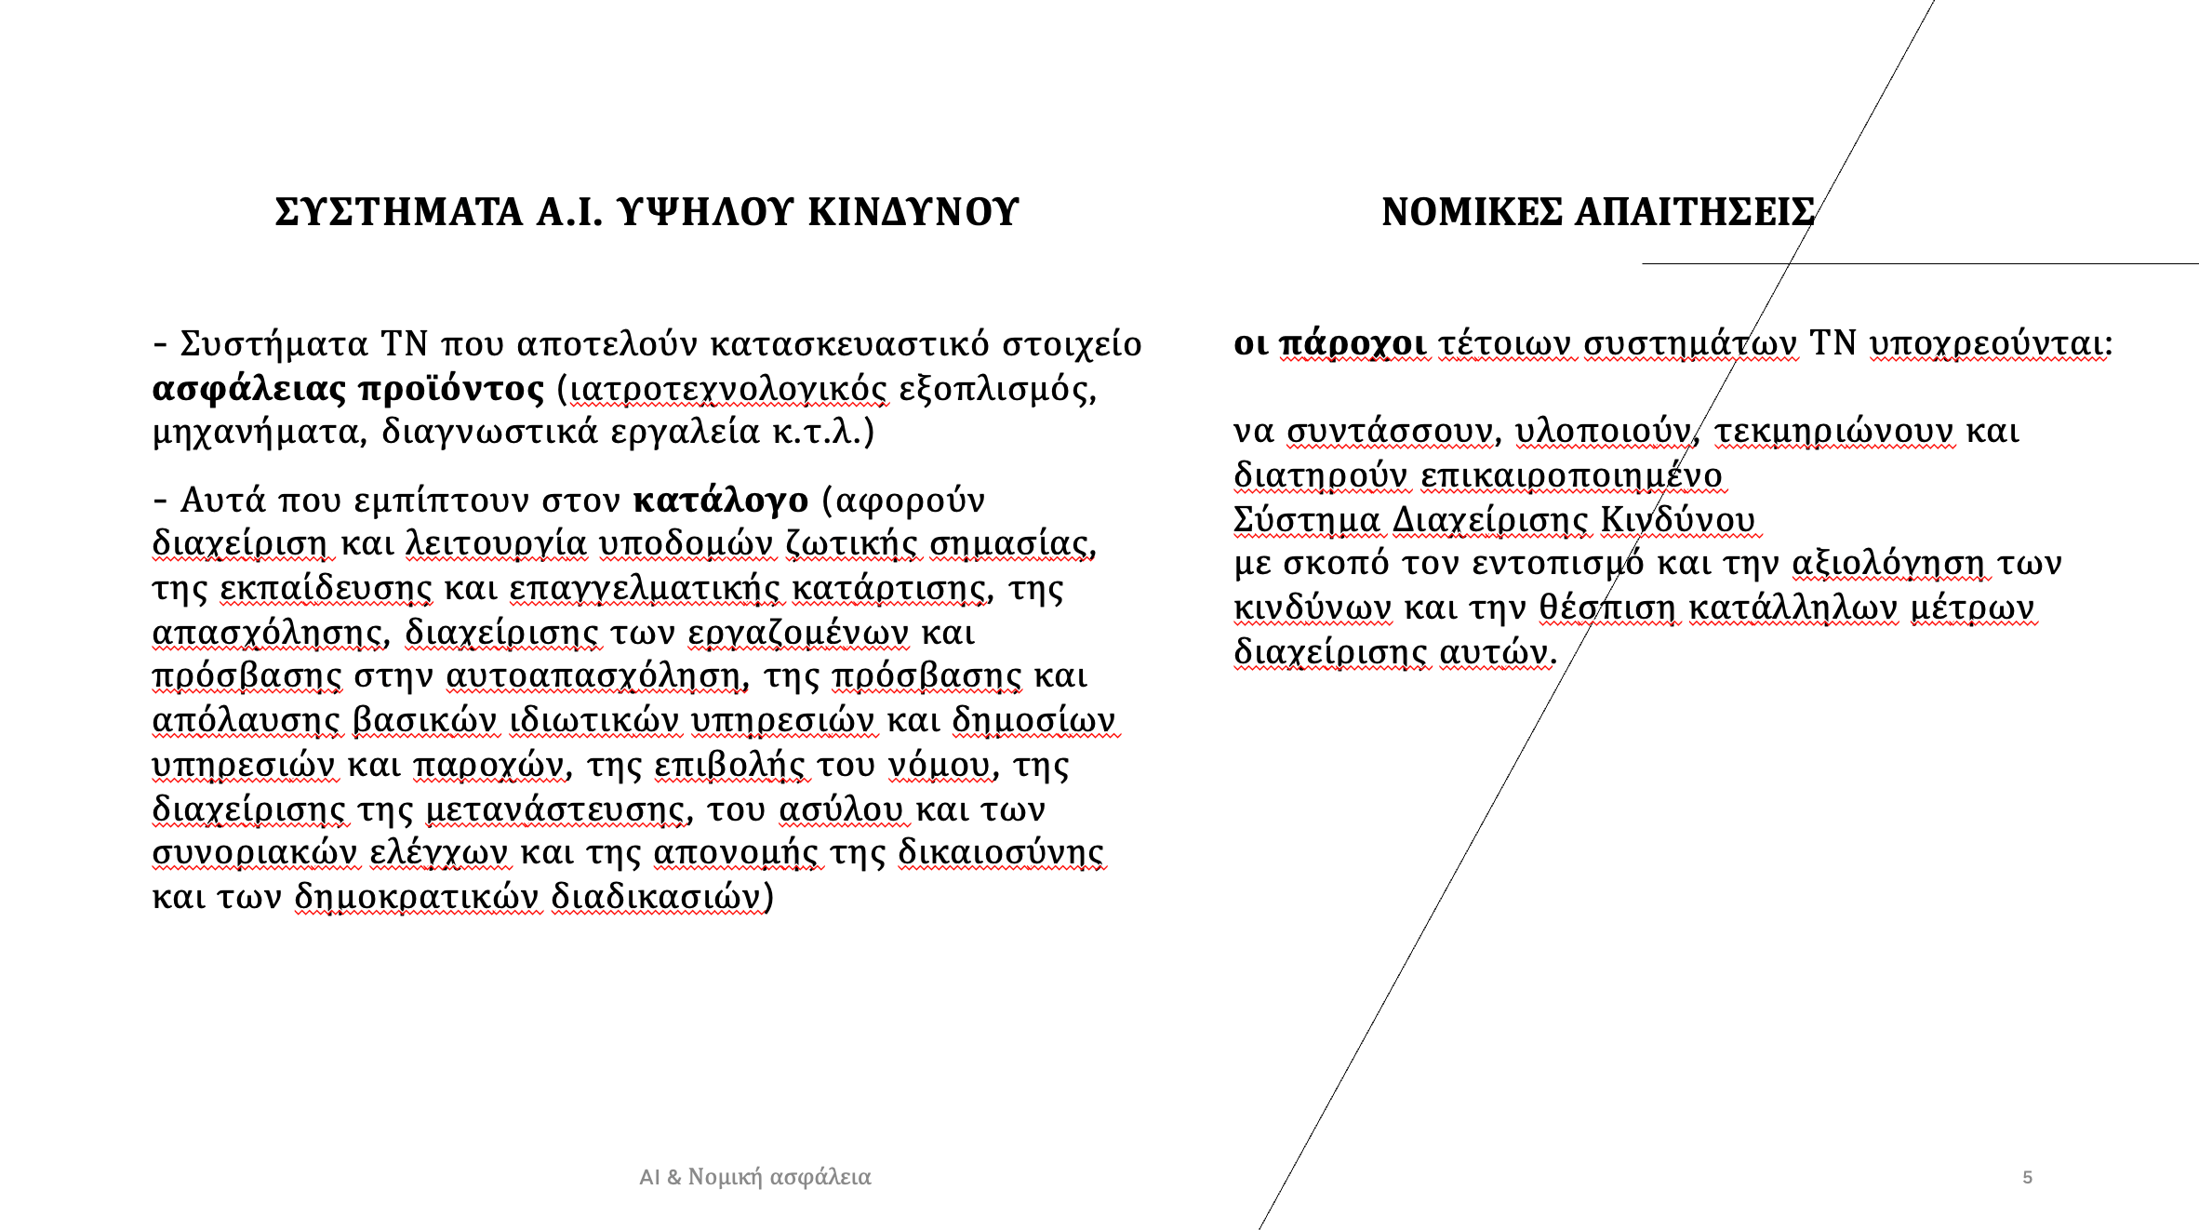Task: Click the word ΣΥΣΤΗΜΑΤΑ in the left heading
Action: point(399,212)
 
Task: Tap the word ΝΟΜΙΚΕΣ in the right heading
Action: point(1472,212)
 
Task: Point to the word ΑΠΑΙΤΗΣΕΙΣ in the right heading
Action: point(1694,212)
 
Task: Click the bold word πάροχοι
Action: point(1353,343)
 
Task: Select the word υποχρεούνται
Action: point(1991,343)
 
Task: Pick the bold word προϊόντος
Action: point(451,388)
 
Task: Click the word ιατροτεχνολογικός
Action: point(728,388)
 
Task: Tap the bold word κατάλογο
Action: point(721,500)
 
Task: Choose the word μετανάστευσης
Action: point(557,809)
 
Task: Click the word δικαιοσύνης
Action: point(1001,852)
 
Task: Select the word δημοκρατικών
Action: point(417,896)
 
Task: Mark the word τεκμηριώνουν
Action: point(1834,431)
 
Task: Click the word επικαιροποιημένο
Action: point(1572,475)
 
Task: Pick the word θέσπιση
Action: point(1606,608)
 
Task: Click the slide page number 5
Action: point(2027,1177)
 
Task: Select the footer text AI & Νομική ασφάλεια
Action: point(755,1177)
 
